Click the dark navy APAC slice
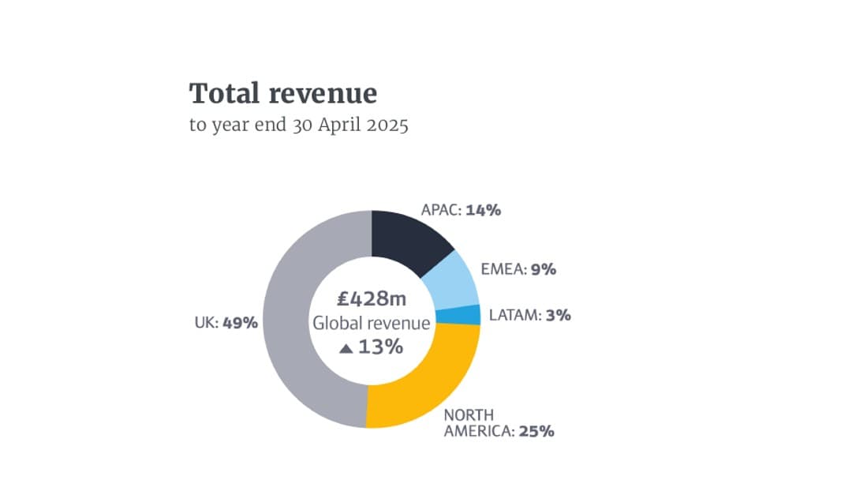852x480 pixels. (x=406, y=240)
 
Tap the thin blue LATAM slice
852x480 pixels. (x=469, y=315)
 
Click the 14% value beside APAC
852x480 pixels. (x=484, y=210)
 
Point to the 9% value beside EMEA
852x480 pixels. (x=544, y=269)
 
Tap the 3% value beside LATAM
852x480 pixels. (x=558, y=315)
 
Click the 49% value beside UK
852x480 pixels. (x=240, y=322)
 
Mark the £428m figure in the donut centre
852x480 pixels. (x=372, y=298)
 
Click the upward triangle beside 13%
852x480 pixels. (x=346, y=348)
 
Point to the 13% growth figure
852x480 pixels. (x=381, y=347)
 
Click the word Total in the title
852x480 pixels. (x=222, y=94)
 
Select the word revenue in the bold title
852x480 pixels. (x=323, y=95)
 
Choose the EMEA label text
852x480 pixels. (x=503, y=269)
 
